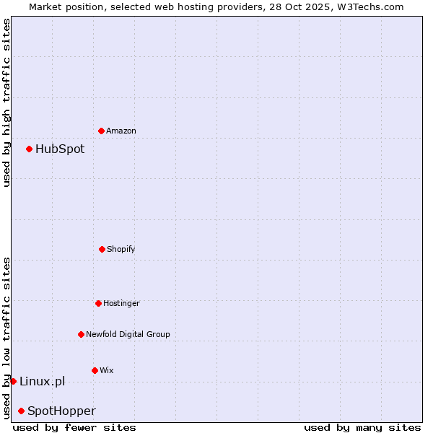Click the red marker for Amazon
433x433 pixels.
click(x=101, y=131)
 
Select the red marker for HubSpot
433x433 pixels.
click(x=30, y=149)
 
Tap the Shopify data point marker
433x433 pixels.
click(x=102, y=249)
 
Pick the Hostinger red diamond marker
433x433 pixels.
click(x=98, y=303)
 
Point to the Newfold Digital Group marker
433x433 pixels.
click(x=81, y=334)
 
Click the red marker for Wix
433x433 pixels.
click(x=95, y=370)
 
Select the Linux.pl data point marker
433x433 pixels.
click(x=13, y=381)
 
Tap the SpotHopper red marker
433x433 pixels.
click(x=21, y=411)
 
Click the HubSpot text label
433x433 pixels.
click(x=60, y=149)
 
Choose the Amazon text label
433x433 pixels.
click(x=121, y=131)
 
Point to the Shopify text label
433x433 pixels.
click(x=121, y=250)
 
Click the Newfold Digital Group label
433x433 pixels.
click(x=128, y=335)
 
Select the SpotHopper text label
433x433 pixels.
click(x=61, y=411)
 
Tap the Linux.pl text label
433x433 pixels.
click(x=42, y=382)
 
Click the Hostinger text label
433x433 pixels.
click(x=121, y=304)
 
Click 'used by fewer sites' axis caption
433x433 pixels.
click(x=74, y=427)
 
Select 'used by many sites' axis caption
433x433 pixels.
click(x=362, y=427)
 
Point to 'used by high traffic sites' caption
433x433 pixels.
click(x=6, y=102)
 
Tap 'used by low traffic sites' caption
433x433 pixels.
click(x=6, y=338)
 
